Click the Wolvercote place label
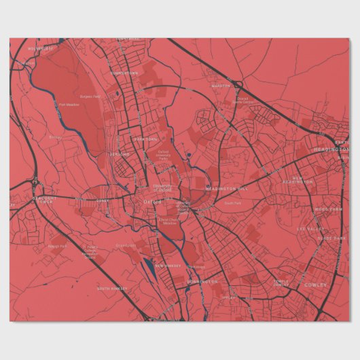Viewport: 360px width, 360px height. (40, 49)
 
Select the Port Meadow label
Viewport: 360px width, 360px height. (69, 105)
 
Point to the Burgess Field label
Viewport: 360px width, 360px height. (90, 97)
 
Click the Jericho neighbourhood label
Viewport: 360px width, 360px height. (120, 154)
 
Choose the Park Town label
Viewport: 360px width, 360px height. (145, 139)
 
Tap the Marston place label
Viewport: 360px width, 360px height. (221, 86)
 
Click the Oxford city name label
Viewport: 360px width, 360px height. (153, 201)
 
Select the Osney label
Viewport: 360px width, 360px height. (103, 201)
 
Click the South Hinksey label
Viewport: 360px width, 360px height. (112, 289)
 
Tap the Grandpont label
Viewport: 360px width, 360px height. (145, 245)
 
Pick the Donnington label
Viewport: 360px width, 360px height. (202, 281)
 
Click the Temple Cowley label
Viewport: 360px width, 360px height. (281, 283)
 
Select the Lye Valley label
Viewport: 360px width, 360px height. (312, 229)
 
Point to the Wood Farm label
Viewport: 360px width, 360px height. (329, 210)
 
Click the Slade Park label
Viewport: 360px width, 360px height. (331, 238)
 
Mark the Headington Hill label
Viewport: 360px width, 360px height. (228, 188)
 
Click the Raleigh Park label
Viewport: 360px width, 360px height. (58, 246)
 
